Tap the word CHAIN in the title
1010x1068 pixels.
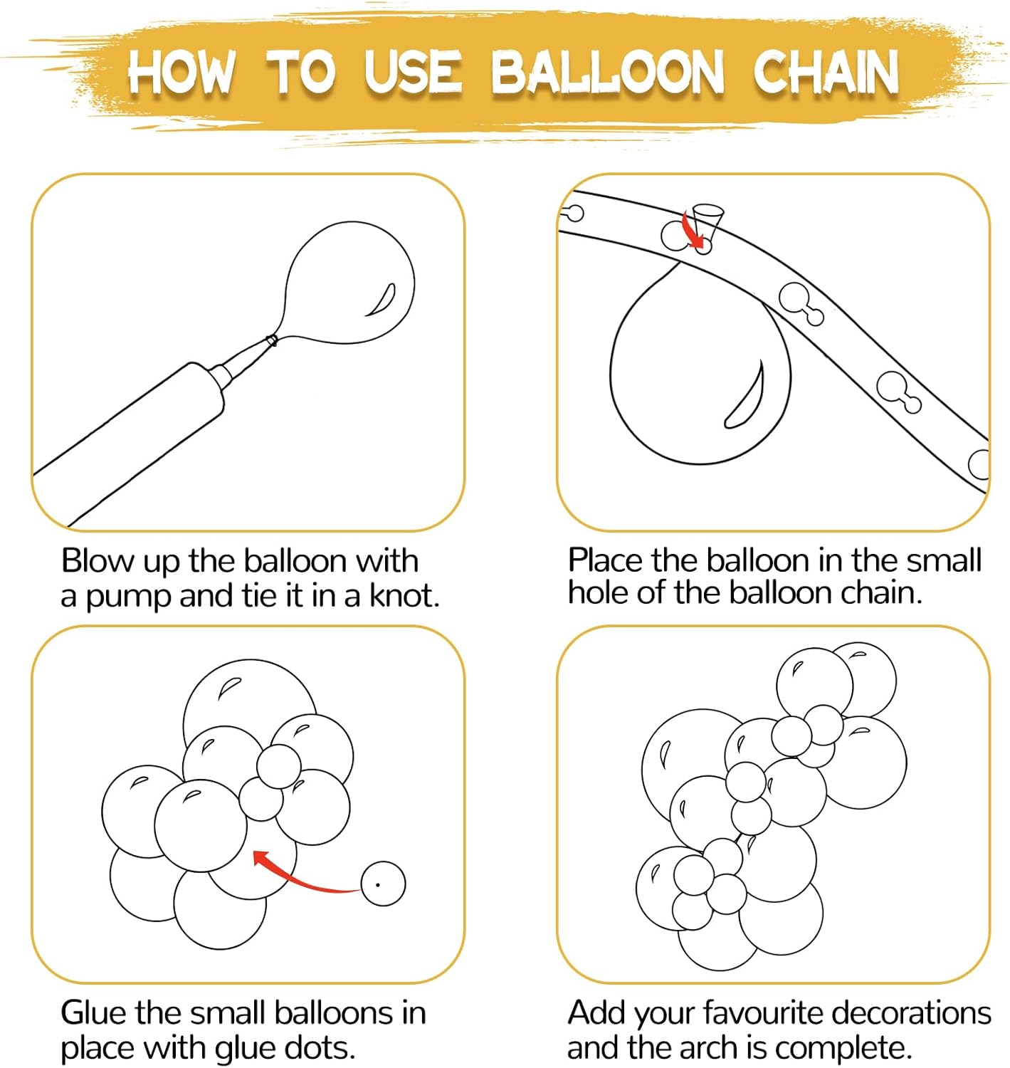coord(826,72)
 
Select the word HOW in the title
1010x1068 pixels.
coord(181,72)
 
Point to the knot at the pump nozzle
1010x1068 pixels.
coord(270,340)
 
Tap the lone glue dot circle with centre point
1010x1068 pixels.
coord(383,884)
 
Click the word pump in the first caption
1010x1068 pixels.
coord(128,597)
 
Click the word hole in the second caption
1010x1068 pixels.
coord(599,592)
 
